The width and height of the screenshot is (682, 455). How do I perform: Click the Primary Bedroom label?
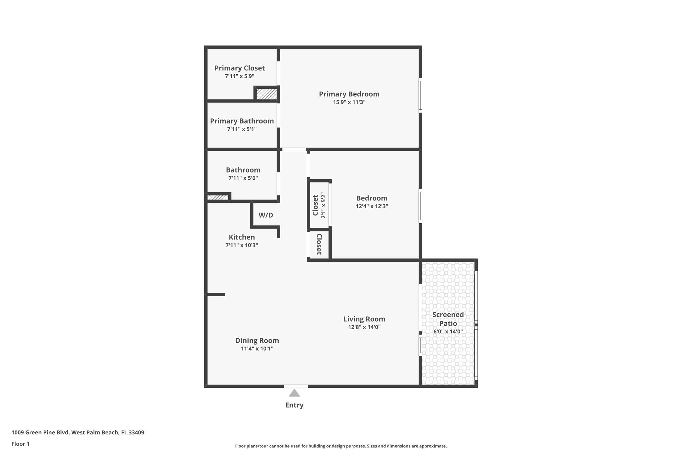349,94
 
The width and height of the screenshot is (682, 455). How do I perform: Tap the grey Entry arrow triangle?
294,393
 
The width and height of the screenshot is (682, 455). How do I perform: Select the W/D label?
266,215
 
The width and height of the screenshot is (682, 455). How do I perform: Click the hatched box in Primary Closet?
266,94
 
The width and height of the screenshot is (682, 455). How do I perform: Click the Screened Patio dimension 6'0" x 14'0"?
448,332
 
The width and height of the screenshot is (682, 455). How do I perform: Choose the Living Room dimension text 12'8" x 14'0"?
364,327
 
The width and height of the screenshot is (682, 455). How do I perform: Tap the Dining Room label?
257,341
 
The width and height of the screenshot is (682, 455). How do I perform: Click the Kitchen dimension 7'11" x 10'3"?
242,245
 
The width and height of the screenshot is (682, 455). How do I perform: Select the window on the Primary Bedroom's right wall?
420,95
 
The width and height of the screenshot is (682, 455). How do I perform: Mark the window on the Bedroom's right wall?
420,206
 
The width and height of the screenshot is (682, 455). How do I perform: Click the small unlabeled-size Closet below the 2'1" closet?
319,244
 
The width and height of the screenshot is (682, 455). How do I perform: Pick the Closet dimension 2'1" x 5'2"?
323,206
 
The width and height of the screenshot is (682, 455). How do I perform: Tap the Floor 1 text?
20,444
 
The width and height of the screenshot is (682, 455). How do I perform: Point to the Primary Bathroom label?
242,121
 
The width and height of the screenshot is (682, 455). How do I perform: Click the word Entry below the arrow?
294,405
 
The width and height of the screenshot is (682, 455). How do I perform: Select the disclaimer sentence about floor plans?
341,446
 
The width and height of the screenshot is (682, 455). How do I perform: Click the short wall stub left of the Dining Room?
216,295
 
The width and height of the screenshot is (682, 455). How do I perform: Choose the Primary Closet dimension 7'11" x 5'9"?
239,76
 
